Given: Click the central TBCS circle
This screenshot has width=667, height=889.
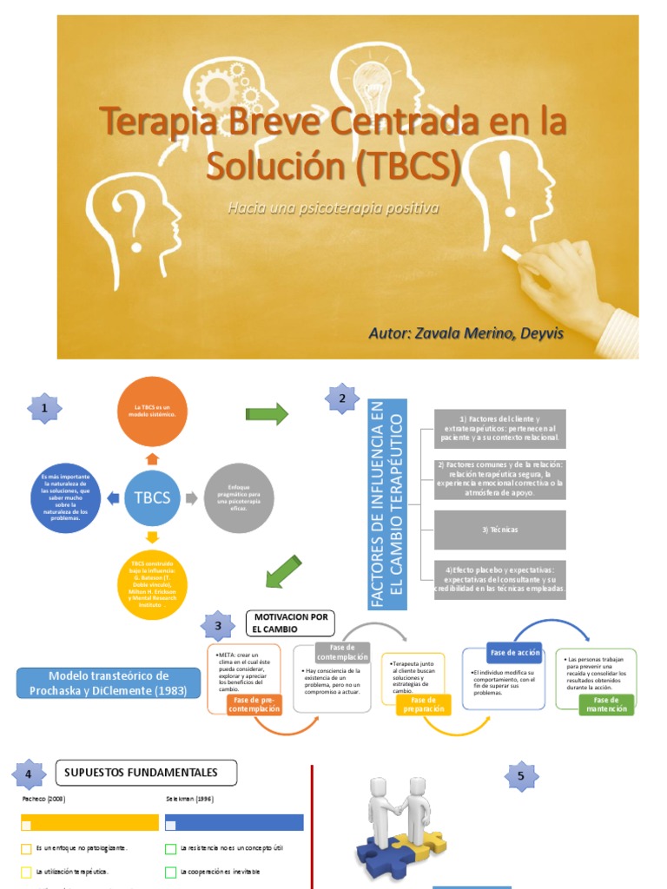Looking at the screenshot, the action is (x=153, y=497).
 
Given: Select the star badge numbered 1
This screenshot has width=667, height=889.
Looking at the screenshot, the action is (x=45, y=407).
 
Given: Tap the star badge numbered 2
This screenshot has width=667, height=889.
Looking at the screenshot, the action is (x=342, y=399).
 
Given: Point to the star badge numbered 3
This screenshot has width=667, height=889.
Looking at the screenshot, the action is (x=218, y=626).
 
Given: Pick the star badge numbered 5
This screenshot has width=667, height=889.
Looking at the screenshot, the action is (x=521, y=776).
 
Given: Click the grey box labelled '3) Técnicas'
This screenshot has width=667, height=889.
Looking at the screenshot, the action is (x=499, y=530).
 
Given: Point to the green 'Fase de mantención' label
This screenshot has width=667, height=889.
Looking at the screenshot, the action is (x=606, y=704).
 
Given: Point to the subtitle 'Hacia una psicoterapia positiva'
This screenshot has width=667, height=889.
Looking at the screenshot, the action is (x=333, y=208).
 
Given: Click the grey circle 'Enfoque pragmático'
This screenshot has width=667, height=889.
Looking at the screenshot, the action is (x=238, y=497).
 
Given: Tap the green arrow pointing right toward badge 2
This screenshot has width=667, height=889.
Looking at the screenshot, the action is (x=267, y=415).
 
